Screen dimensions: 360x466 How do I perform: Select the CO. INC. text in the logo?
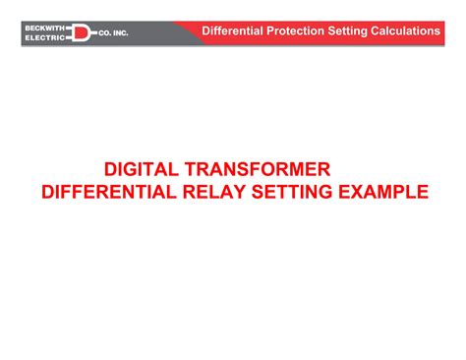pos(112,32)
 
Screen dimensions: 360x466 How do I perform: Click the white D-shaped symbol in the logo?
pos(81,32)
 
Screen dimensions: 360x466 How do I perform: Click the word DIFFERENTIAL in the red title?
pos(107,191)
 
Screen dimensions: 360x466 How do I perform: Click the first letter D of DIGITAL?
pos(111,170)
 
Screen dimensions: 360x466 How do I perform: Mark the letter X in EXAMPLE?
pos(359,191)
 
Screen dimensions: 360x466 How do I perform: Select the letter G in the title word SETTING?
pos(325,191)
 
